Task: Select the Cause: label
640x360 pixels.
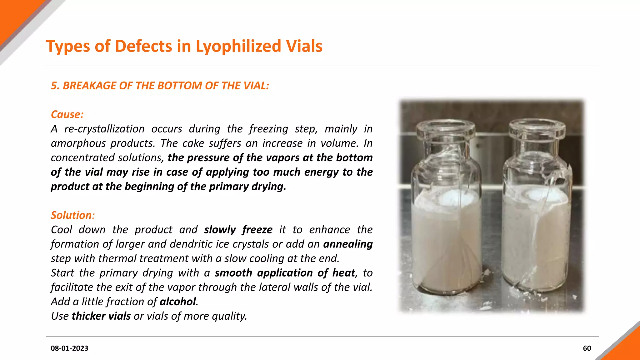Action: click(x=67, y=114)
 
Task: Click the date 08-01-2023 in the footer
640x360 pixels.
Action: click(x=69, y=348)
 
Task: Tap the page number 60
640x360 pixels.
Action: click(x=587, y=348)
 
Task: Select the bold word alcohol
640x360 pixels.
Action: click(x=178, y=302)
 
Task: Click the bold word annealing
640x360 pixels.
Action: click(x=348, y=244)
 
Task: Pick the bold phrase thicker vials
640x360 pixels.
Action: click(x=101, y=316)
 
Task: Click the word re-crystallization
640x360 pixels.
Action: click(x=104, y=129)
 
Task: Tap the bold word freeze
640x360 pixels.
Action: click(x=257, y=230)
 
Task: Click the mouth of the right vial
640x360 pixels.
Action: click(x=537, y=126)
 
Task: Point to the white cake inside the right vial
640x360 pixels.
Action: click(x=537, y=237)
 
